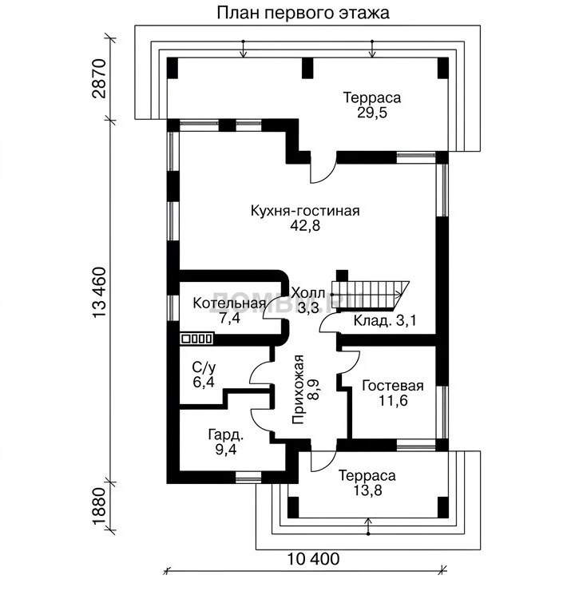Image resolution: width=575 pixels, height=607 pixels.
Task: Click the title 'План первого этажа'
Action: (x=303, y=13)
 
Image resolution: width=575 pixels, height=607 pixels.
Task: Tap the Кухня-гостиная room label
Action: (x=305, y=211)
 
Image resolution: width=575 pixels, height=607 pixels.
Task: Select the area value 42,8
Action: (x=305, y=226)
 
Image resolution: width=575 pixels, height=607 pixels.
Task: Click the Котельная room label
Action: (x=229, y=303)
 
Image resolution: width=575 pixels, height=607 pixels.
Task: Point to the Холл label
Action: (x=307, y=293)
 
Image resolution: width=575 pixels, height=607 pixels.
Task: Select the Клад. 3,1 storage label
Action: (x=385, y=321)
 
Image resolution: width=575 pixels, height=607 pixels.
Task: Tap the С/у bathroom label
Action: (x=204, y=367)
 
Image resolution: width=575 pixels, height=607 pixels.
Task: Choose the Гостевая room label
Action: (x=393, y=386)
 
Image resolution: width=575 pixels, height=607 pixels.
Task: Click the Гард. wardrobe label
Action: (x=226, y=435)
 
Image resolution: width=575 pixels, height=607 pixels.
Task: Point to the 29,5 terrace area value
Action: (x=372, y=113)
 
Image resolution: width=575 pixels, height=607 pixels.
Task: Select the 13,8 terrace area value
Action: (x=367, y=490)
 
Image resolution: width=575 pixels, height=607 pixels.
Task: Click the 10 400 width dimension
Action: (x=313, y=559)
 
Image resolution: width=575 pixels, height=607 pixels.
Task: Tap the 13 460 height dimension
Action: (x=100, y=292)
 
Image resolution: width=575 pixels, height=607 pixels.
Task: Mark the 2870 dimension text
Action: (x=100, y=78)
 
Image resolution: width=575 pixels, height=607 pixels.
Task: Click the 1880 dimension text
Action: (x=100, y=506)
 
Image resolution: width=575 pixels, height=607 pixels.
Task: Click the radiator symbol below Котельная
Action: (x=196, y=339)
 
